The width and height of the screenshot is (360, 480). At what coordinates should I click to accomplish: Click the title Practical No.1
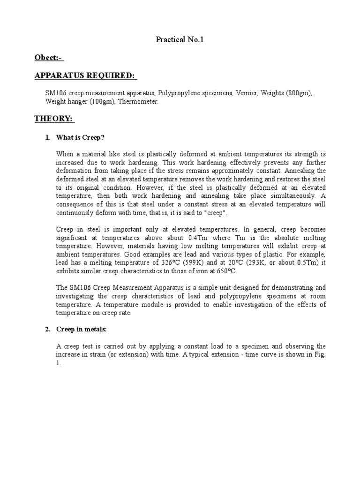[x=180, y=40]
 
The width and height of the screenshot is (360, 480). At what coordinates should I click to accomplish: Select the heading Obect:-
[x=48, y=58]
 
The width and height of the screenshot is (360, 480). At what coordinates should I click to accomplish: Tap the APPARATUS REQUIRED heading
[x=85, y=76]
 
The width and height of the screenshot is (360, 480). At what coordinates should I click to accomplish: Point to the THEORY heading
[x=54, y=119]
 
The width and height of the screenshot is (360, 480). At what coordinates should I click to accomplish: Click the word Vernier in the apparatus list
[x=247, y=94]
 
